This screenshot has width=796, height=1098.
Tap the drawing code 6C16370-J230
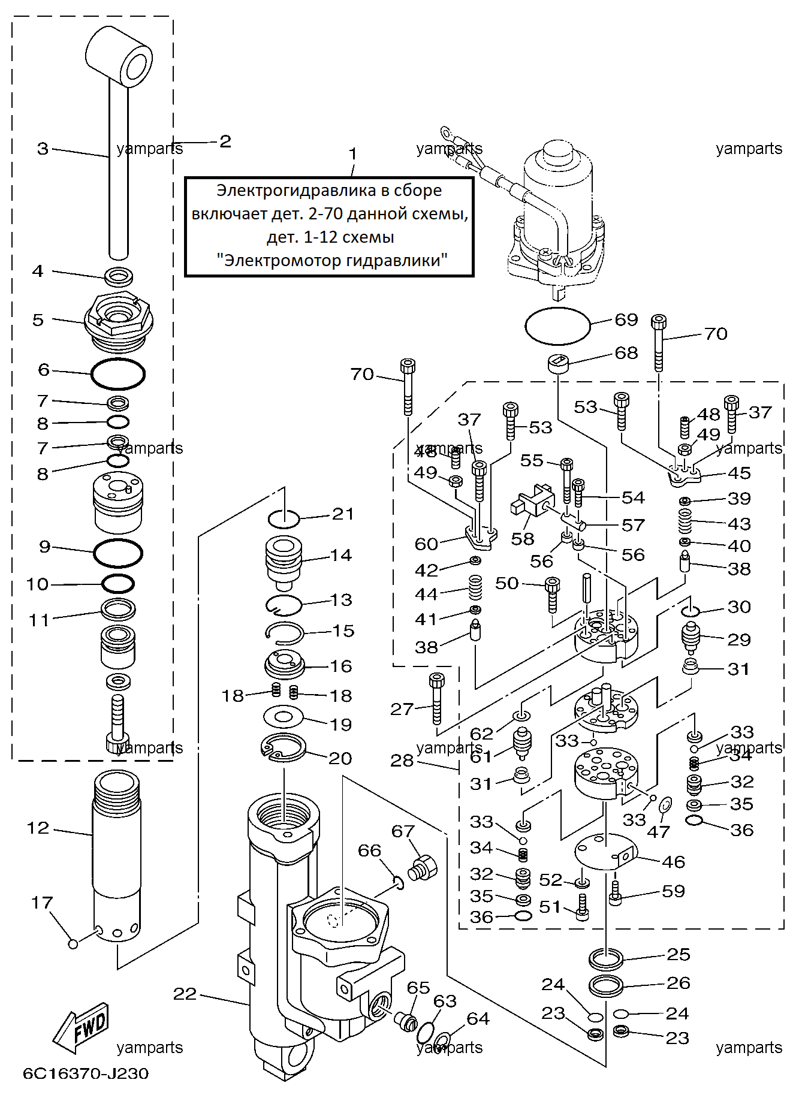click(x=86, y=1073)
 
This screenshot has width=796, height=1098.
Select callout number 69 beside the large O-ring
click(x=626, y=319)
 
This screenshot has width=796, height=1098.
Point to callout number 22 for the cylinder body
click(x=185, y=994)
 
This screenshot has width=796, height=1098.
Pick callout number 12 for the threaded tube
click(x=38, y=828)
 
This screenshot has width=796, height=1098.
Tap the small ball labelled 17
click(x=73, y=944)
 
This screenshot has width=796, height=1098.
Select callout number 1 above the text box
click(x=353, y=154)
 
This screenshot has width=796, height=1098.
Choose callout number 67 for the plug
click(x=403, y=831)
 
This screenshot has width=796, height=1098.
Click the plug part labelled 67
click(x=423, y=868)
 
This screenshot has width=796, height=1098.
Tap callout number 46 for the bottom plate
click(x=673, y=862)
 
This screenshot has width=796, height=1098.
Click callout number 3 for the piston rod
click(x=43, y=149)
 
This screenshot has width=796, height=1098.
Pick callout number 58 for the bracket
click(x=523, y=539)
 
